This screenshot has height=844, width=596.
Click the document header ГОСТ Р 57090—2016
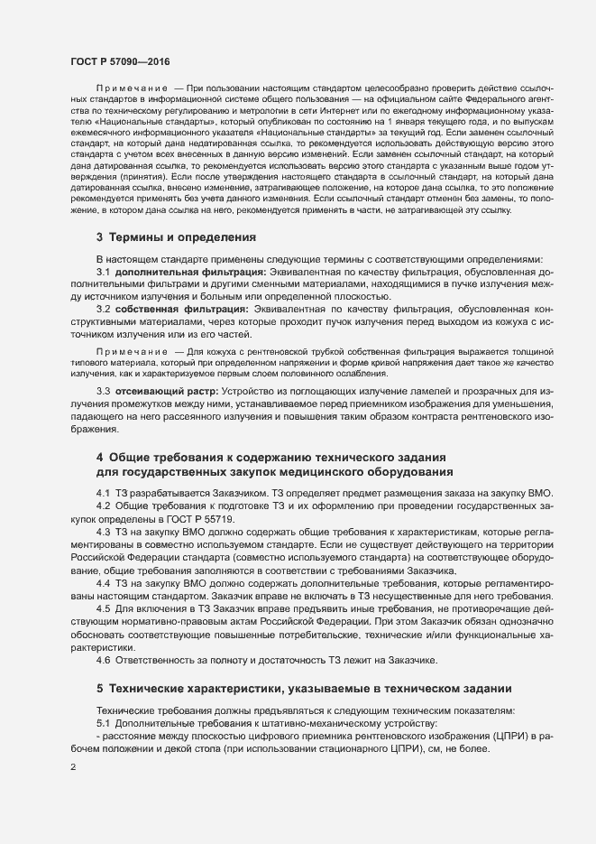click(119, 61)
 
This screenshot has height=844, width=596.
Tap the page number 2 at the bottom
click(72, 766)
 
